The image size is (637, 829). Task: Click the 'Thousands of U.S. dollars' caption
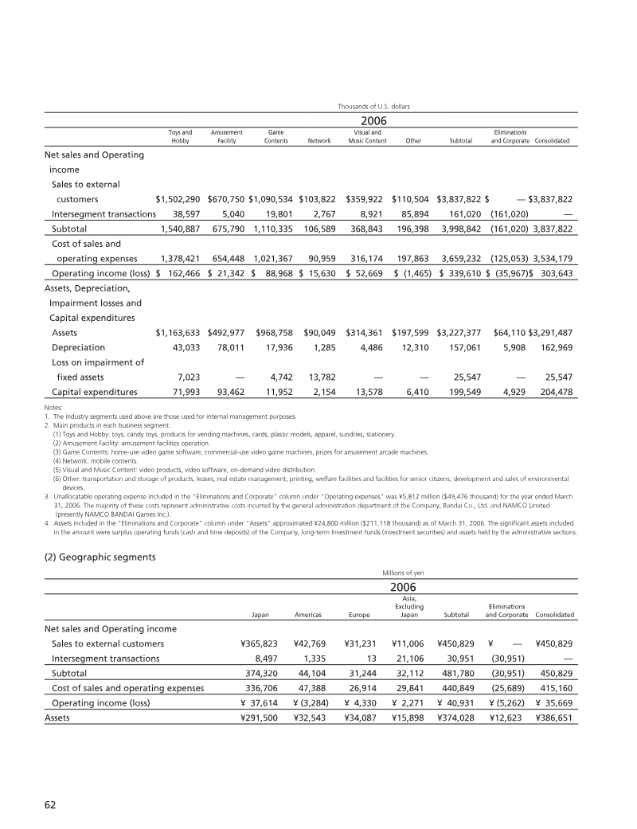373,104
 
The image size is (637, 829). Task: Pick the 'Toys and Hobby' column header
180,136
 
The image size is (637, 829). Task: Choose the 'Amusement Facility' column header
226,136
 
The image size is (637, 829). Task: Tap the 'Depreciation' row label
80,347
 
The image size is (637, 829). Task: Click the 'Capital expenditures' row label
94,392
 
